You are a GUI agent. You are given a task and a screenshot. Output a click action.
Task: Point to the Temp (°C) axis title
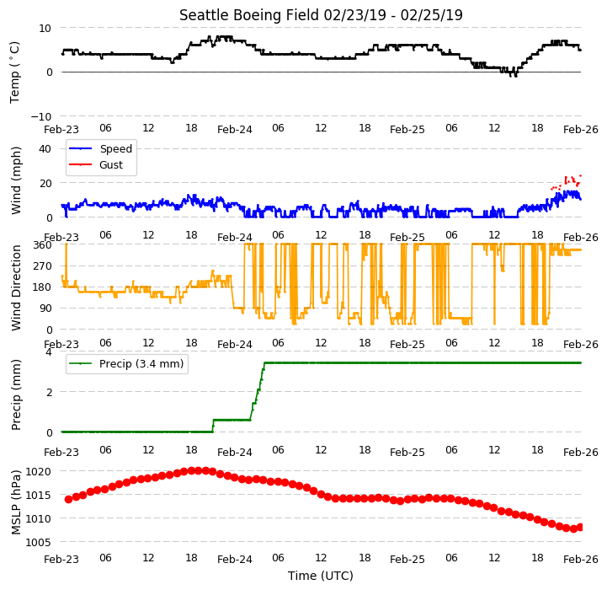(x=14, y=72)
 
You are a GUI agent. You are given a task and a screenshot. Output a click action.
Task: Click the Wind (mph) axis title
(x=15, y=180)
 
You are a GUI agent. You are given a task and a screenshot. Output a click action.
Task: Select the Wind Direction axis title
(x=15, y=287)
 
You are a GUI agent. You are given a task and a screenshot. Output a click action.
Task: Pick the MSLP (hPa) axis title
(x=15, y=502)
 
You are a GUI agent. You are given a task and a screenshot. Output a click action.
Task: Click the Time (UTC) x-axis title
(x=321, y=576)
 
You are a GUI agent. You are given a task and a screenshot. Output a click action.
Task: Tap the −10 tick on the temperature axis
(x=41, y=116)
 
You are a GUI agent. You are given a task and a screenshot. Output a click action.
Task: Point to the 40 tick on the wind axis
(x=45, y=149)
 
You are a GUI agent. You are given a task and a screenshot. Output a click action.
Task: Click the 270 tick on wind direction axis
(x=43, y=266)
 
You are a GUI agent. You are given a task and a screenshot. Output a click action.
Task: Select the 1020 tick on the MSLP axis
(x=39, y=471)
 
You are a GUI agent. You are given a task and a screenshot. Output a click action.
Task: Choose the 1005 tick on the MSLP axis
(x=39, y=542)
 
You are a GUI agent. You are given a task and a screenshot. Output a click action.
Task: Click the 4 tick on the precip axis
(x=48, y=352)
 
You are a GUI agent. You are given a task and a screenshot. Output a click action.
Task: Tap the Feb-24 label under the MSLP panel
(x=235, y=560)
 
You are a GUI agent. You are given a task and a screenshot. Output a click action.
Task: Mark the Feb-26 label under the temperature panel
(x=581, y=130)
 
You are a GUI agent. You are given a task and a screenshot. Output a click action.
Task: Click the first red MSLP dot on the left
(x=68, y=499)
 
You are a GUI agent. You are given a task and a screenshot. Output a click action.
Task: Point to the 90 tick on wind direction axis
(x=45, y=308)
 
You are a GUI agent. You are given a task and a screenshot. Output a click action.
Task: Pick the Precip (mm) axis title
(x=15, y=394)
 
